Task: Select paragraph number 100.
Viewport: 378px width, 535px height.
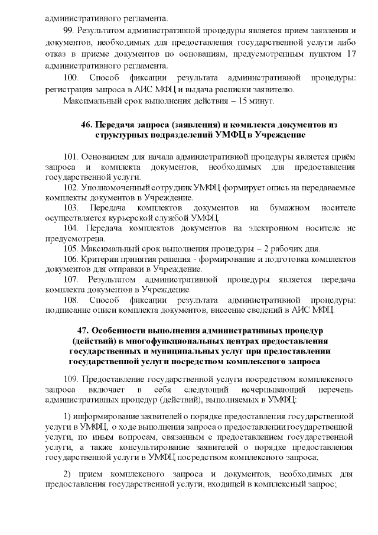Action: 70,77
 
